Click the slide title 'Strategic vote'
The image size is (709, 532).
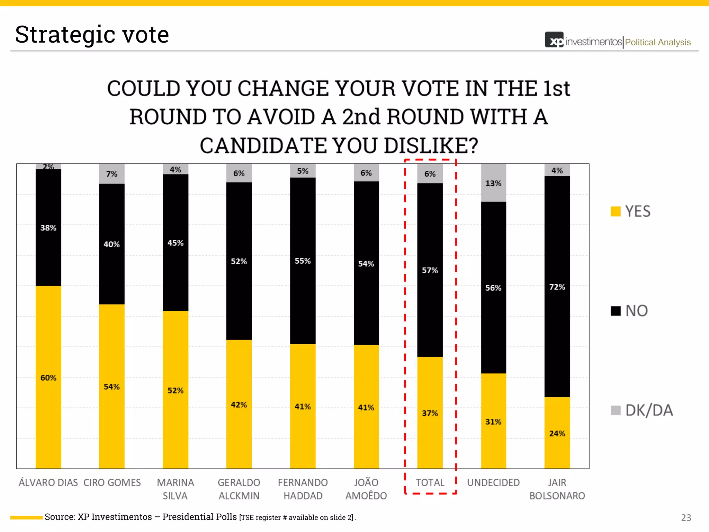pos(92,35)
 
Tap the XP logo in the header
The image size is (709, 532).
pos(554,40)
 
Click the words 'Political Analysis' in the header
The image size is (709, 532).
pos(657,42)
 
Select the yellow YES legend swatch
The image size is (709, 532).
pos(616,211)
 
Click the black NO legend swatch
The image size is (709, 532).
pos(616,311)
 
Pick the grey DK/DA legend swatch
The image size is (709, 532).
pos(616,410)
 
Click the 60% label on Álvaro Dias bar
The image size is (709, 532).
pos(48,378)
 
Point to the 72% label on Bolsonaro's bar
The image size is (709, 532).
pos(557,287)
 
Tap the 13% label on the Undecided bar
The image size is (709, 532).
pos(493,183)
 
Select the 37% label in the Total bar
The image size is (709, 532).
pos(430,413)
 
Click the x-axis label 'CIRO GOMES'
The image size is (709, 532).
pos(112,482)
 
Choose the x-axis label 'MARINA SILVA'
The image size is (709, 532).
pos(176,489)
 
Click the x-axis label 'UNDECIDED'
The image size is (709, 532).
pos(493,482)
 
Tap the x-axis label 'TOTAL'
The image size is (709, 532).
pos(430,482)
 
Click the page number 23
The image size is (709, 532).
pos(686,517)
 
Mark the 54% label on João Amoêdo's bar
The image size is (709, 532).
pos(366,264)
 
